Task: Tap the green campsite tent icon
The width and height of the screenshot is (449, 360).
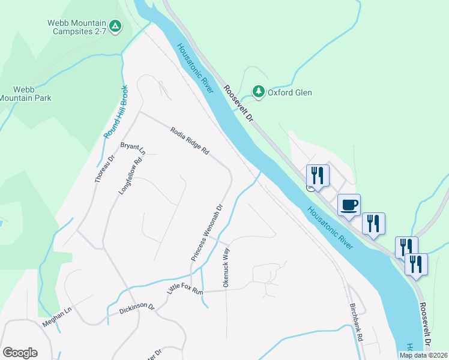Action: coord(116,26)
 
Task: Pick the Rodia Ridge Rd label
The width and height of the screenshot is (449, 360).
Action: coord(189,142)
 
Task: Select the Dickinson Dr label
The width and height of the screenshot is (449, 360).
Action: coord(137,308)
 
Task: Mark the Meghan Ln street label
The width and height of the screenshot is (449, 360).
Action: coord(56,316)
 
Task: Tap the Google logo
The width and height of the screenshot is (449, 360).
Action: coord(20,352)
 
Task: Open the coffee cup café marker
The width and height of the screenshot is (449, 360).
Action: coord(349,205)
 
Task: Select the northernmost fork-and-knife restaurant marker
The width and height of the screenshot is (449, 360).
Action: coord(318,175)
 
